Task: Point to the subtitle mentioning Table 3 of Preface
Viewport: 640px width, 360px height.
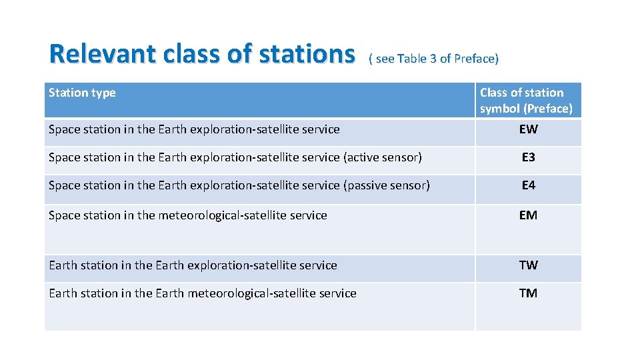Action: (433, 59)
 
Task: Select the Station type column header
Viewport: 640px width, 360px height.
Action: (82, 93)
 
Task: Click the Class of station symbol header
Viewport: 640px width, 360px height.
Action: (526, 101)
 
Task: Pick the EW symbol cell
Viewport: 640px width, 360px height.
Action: (528, 129)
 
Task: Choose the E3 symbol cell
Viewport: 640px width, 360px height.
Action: (528, 157)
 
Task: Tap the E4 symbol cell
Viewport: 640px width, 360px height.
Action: (528, 185)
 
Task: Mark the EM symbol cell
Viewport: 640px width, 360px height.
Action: (528, 215)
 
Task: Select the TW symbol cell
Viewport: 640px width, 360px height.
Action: (528, 265)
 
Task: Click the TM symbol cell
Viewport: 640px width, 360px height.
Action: (528, 293)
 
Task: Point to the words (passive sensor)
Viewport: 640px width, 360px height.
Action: (387, 185)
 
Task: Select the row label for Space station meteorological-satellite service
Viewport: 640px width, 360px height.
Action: (188, 215)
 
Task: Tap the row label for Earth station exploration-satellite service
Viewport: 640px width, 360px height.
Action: (193, 265)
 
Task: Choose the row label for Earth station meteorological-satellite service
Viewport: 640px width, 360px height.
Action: (203, 293)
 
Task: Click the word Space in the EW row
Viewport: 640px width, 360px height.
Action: (64, 129)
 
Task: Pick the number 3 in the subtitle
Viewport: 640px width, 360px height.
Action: (433, 59)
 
